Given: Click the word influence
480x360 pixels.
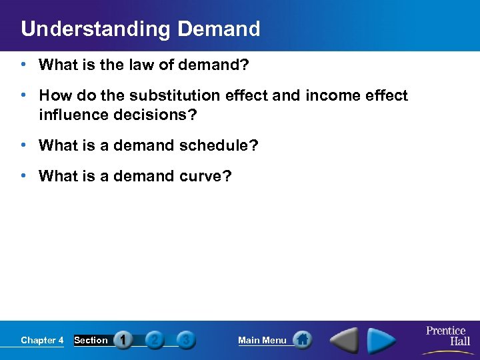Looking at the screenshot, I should click(x=72, y=115).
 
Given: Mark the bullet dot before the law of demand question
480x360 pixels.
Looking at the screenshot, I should click(x=23, y=65).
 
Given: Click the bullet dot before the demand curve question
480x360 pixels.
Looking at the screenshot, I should click(x=23, y=176).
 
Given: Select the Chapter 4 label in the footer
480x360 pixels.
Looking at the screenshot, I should click(x=42, y=340).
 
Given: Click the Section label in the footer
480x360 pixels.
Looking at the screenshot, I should click(x=91, y=340).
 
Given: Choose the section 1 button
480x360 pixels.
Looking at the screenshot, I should click(x=123, y=340).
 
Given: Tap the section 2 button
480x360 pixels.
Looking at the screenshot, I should click(x=154, y=340).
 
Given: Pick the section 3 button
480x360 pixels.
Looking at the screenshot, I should click(x=185, y=340).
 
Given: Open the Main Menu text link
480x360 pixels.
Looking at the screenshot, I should click(x=262, y=340).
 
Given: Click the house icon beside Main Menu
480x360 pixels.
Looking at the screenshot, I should click(x=302, y=340).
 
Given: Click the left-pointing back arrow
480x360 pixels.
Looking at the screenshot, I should click(x=345, y=340).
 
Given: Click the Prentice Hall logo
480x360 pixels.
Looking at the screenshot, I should click(x=446, y=336).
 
